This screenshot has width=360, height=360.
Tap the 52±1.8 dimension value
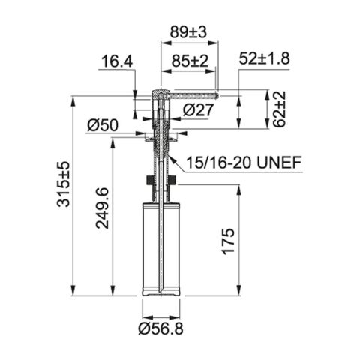click(x=264, y=58)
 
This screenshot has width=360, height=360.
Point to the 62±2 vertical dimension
click(x=279, y=109)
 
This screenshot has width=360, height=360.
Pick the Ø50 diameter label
click(x=103, y=126)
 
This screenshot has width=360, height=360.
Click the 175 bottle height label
click(x=229, y=241)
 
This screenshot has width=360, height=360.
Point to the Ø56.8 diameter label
click(x=160, y=328)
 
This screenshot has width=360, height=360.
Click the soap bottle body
click(x=160, y=247)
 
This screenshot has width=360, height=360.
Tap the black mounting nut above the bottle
click(x=160, y=180)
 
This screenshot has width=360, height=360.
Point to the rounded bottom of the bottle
click(x=160, y=292)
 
